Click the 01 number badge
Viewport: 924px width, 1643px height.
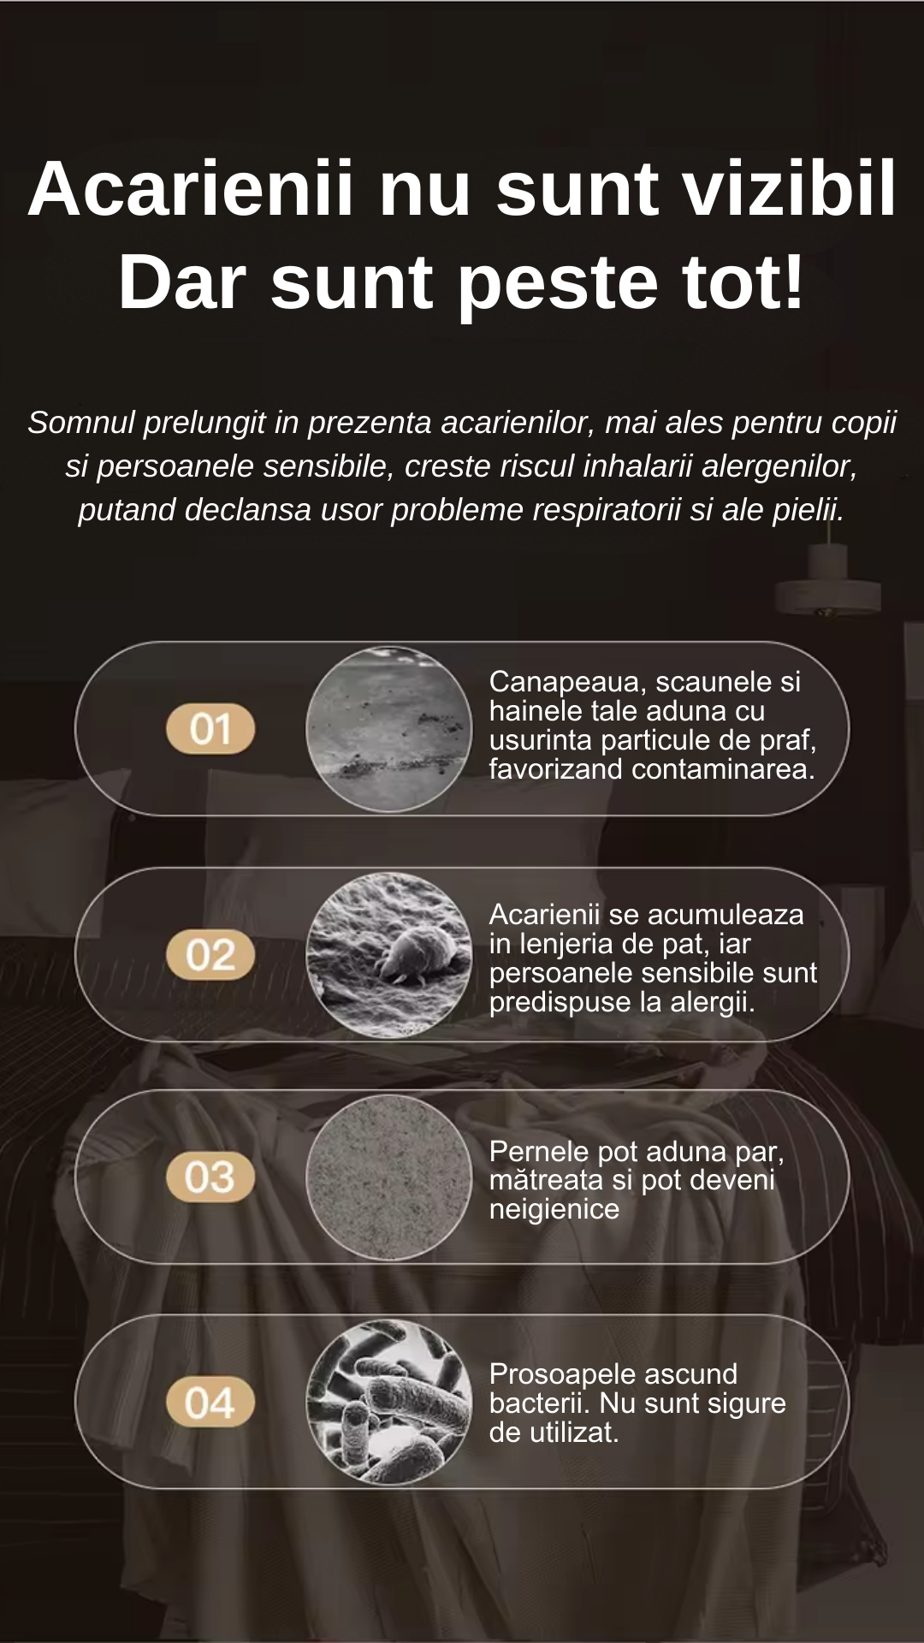(210, 729)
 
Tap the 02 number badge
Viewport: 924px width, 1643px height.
(210, 955)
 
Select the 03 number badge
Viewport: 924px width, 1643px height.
(210, 1177)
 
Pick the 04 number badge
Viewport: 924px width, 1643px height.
(210, 1403)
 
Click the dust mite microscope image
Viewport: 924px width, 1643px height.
(389, 955)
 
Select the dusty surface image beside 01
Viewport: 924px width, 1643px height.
(389, 729)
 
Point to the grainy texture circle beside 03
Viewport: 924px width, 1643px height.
(389, 1177)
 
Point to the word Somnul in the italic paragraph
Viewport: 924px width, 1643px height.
(81, 423)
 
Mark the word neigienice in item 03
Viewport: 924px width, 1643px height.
(554, 1209)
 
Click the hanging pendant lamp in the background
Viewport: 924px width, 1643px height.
(828, 590)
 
